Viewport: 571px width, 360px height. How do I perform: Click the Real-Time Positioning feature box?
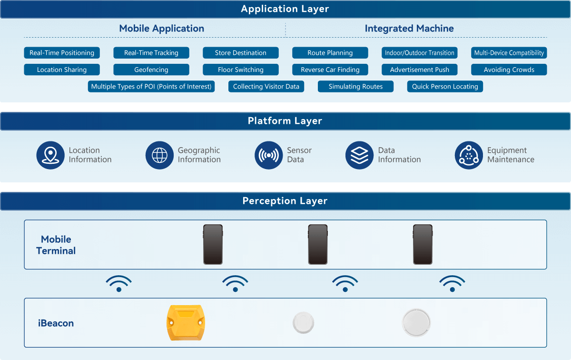tap(62, 53)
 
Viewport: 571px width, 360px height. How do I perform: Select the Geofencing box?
tap(151, 70)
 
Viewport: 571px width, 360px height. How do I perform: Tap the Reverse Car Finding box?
tap(330, 70)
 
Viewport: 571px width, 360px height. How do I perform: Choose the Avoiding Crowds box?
tap(509, 70)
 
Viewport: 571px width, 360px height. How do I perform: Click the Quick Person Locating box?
tap(445, 87)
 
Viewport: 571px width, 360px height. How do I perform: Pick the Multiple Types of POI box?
tap(151, 87)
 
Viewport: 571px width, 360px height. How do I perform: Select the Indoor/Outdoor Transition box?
tap(420, 53)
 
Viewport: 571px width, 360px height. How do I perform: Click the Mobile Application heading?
tap(161, 29)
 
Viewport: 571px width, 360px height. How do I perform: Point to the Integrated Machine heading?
tap(409, 29)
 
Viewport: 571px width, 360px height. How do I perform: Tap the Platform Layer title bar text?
tap(285, 121)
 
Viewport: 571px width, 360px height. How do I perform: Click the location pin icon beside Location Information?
tap(50, 155)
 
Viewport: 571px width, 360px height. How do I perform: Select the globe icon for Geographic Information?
tap(159, 155)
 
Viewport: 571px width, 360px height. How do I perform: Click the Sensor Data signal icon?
tap(269, 155)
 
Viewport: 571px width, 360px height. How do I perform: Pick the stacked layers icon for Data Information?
tap(359, 155)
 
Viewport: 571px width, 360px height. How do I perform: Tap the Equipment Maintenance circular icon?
tap(469, 155)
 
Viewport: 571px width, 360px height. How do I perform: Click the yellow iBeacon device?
tap(185, 322)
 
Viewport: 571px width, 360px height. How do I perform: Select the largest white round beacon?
tap(416, 322)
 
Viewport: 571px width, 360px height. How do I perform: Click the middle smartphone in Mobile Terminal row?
tap(318, 245)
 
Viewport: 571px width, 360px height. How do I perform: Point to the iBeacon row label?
tap(56, 323)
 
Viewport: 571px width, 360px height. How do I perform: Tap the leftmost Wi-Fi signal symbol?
tap(118, 283)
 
